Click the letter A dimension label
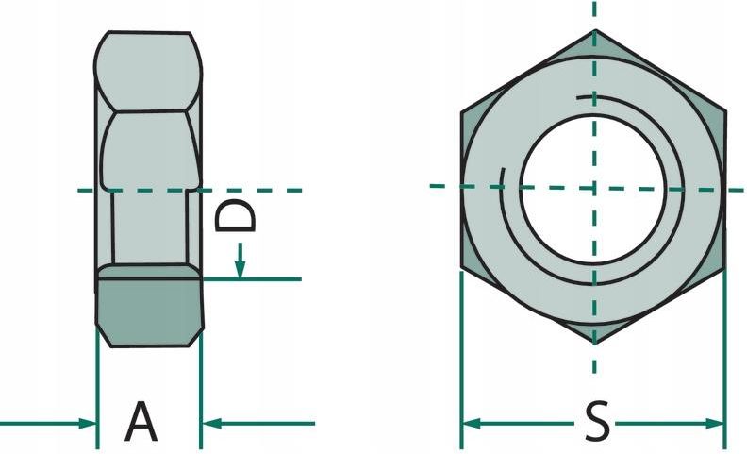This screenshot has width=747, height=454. (x=141, y=422)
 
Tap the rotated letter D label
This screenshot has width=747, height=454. (x=235, y=216)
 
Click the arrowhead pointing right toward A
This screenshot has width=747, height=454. (x=87, y=423)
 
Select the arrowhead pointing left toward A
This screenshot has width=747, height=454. (x=211, y=423)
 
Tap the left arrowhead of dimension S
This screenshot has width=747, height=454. (x=472, y=423)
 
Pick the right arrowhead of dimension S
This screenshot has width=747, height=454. (x=715, y=423)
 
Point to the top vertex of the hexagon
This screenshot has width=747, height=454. (x=594, y=30)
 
